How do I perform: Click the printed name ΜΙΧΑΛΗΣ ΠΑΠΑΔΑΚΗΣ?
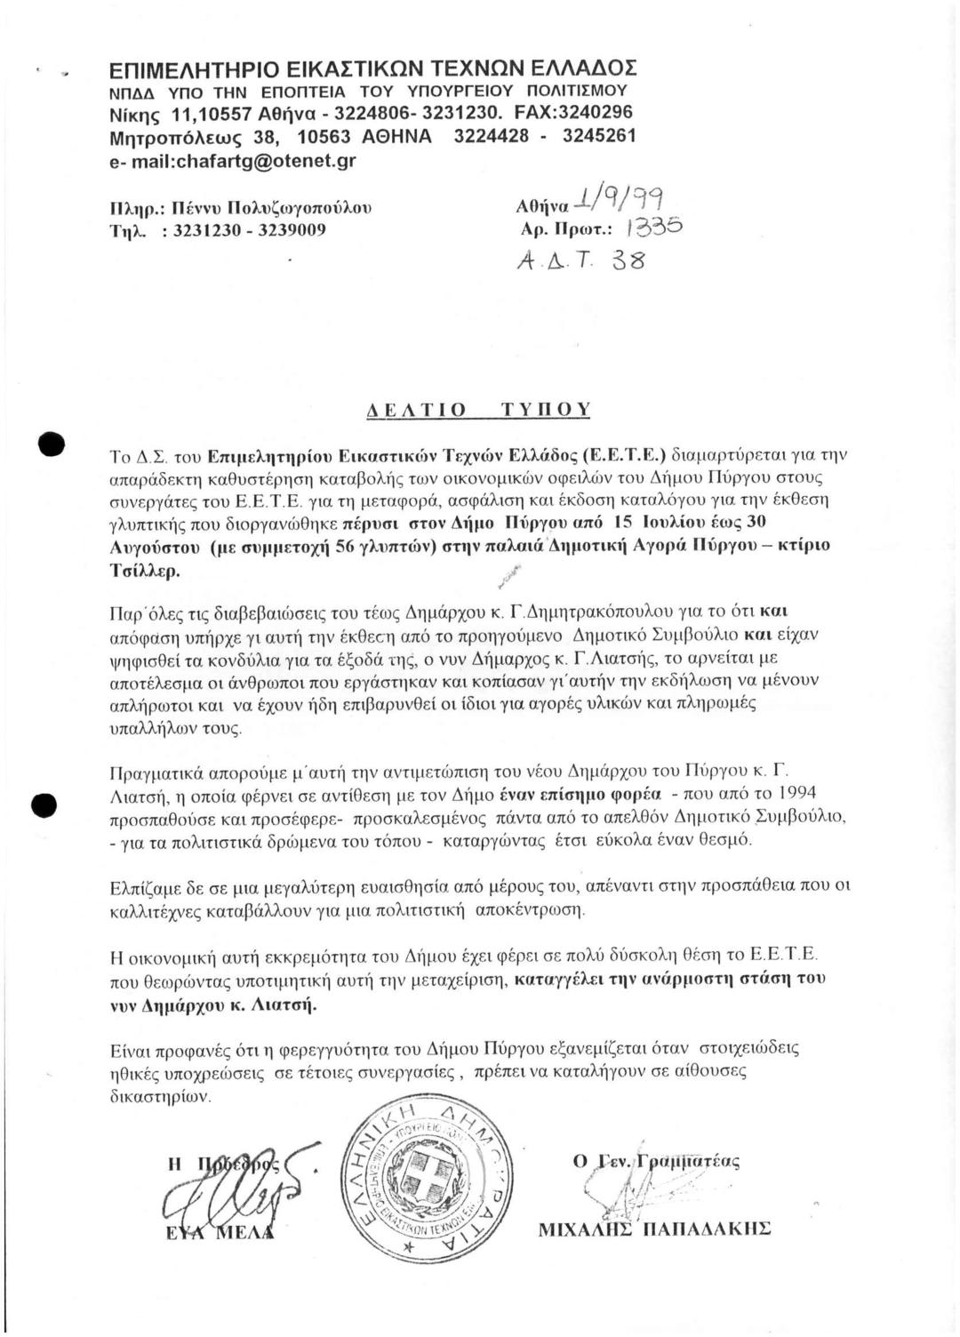[x=654, y=1229]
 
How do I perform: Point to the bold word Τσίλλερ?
[x=137, y=571]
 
